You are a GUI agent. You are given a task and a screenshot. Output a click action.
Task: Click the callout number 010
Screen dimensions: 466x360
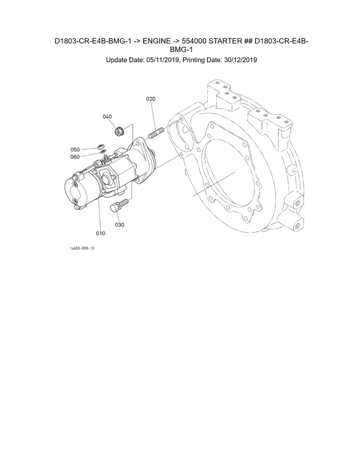(x=100, y=233)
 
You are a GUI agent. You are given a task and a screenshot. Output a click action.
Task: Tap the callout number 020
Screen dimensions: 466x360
(x=150, y=99)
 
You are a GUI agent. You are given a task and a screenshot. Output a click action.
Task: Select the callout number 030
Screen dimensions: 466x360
(x=120, y=225)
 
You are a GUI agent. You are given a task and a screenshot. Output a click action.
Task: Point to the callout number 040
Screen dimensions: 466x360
(x=107, y=116)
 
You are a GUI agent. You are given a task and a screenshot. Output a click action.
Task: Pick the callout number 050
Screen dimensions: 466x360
(x=75, y=150)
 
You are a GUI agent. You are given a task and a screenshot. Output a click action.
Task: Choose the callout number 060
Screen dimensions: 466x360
(x=75, y=156)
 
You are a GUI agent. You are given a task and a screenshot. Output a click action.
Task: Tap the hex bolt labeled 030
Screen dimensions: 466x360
(x=117, y=206)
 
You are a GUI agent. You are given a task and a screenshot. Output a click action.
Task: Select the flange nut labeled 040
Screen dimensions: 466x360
(x=118, y=131)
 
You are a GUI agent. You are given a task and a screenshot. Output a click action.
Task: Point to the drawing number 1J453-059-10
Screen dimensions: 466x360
(x=82, y=248)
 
